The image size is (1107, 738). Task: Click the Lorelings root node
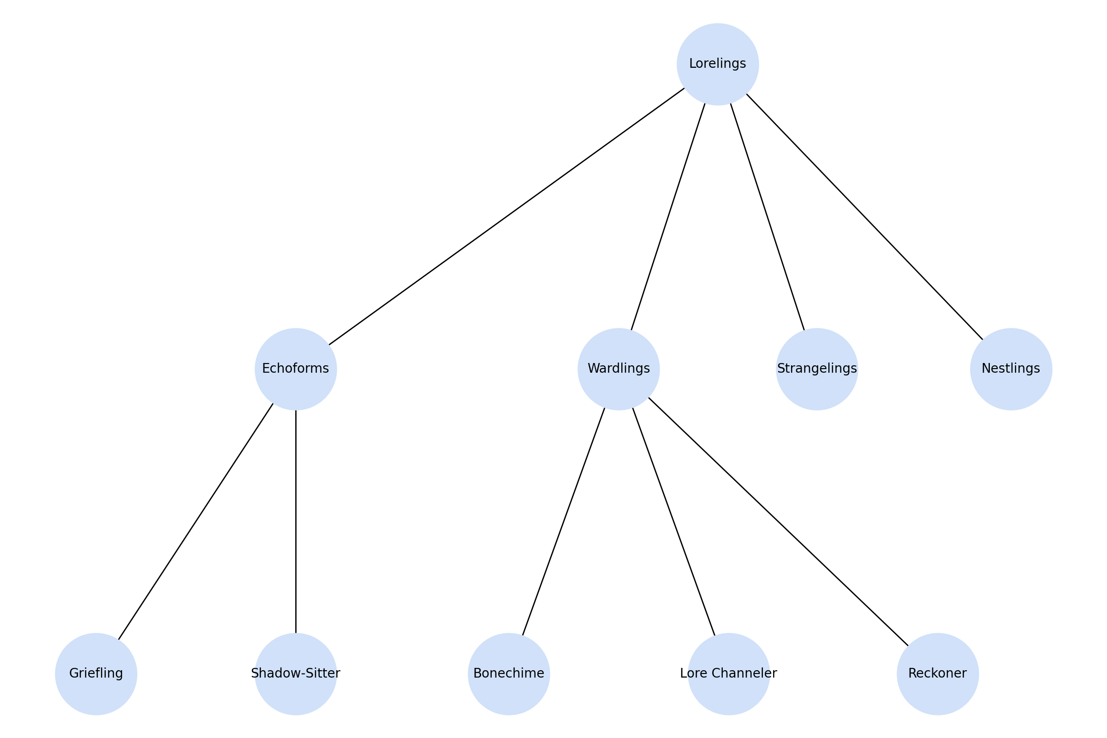(x=717, y=64)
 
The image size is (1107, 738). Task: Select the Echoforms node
(x=296, y=369)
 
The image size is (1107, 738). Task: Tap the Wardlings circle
(x=619, y=369)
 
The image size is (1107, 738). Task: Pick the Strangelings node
(x=816, y=369)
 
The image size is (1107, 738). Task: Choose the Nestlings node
(x=1011, y=369)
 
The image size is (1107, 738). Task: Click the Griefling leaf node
(x=96, y=674)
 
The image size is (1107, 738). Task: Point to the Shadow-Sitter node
(x=296, y=674)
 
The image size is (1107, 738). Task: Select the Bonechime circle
(x=509, y=674)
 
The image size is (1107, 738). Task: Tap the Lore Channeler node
(x=729, y=674)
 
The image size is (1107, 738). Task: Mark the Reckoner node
(x=938, y=674)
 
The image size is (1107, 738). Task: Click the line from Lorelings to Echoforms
(x=506, y=216)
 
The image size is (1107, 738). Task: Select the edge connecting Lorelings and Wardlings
(x=668, y=216)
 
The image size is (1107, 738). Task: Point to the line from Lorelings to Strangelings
(x=767, y=216)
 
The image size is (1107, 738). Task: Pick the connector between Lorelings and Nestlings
(x=864, y=216)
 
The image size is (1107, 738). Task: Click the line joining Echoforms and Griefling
(x=196, y=522)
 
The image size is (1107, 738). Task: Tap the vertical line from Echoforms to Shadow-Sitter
(x=296, y=522)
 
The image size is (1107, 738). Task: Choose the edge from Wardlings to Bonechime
(x=563, y=522)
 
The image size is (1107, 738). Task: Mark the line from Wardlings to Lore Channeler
(x=673, y=522)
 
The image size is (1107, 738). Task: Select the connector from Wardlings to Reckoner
(x=778, y=522)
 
